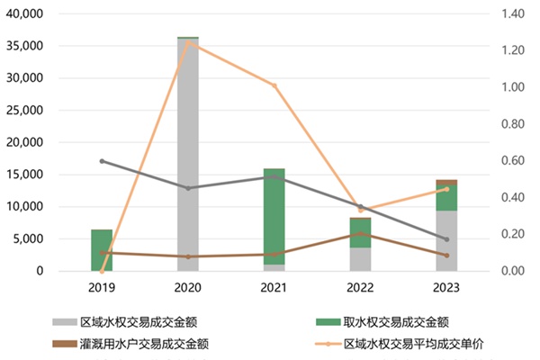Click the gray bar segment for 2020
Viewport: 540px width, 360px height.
(x=188, y=153)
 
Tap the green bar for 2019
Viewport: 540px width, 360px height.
(x=102, y=249)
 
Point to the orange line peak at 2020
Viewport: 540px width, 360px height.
(x=188, y=41)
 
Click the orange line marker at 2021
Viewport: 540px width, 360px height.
(x=274, y=85)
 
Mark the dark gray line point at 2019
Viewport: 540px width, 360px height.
(x=102, y=161)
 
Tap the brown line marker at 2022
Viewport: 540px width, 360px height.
(x=360, y=233)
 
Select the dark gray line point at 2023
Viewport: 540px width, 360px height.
(x=446, y=239)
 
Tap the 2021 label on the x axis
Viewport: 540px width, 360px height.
(x=274, y=287)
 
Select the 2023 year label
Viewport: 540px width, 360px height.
(x=446, y=287)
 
